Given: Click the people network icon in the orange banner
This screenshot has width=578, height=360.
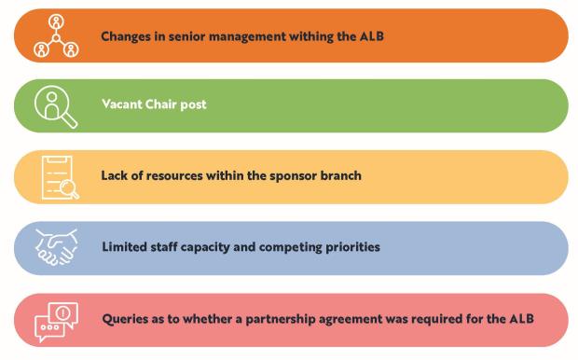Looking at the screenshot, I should click(x=56, y=35).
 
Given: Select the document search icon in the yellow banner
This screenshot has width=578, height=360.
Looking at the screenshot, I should click(x=59, y=177).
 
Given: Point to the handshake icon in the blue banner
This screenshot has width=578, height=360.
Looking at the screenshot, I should click(x=56, y=248).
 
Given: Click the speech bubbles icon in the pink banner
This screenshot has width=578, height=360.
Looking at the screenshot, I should click(x=56, y=320).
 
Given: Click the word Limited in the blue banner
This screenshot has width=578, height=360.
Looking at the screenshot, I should click(x=126, y=247).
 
